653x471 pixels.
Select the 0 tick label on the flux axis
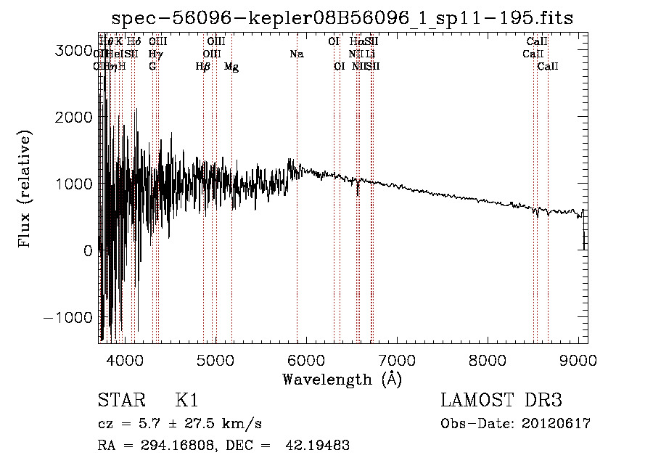coord(89,250)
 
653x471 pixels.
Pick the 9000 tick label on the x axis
coord(578,359)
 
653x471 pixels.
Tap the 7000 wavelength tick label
coord(397,359)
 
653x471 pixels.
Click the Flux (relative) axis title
coord(25,189)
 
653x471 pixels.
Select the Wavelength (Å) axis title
coord(342,379)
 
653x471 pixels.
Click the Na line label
coord(296,54)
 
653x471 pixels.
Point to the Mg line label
coord(231,67)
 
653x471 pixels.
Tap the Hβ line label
coord(203,67)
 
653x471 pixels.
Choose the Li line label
coord(371,54)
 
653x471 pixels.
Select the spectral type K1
coord(186,401)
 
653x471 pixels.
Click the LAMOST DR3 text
coord(501,401)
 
